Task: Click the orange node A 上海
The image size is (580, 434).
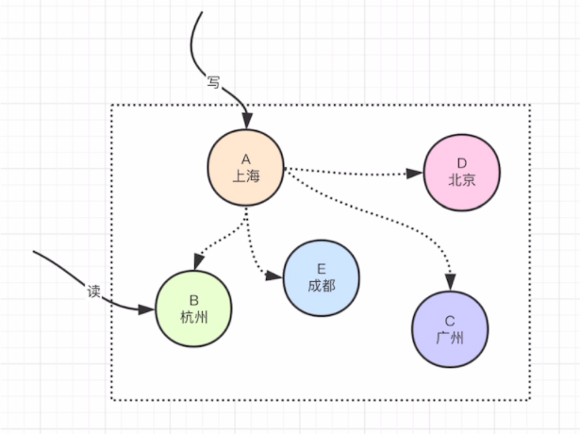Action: tap(245, 167)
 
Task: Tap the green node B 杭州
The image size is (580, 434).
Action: tap(192, 308)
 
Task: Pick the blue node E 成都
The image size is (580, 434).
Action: tap(321, 276)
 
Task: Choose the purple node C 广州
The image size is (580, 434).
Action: tap(449, 327)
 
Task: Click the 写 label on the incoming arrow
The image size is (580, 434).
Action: tap(213, 83)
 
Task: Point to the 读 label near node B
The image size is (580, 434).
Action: tap(92, 291)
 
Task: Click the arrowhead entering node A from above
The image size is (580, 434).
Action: tap(247, 122)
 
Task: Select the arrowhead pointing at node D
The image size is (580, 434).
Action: tap(414, 173)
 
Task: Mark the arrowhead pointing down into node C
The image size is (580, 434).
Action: tap(451, 280)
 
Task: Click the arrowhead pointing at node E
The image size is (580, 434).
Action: tap(275, 276)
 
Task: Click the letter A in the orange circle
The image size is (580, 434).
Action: tap(245, 159)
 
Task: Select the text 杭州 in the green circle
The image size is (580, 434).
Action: tap(192, 316)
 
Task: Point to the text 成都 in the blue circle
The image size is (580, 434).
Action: tap(321, 285)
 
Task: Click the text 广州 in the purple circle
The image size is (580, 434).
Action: tap(449, 336)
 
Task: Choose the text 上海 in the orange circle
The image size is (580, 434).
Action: tap(245, 175)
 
